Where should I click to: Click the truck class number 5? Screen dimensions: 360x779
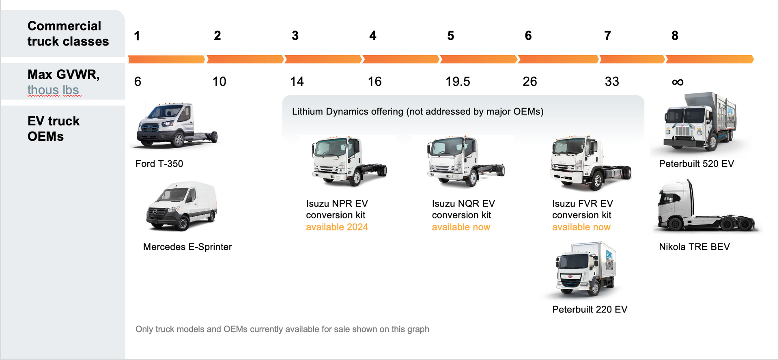(450, 36)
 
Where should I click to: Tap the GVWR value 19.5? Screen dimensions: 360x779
(458, 82)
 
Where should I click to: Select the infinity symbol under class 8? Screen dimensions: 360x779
(678, 82)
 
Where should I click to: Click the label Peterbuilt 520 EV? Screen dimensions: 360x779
(696, 164)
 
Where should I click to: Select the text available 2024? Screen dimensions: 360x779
(337, 227)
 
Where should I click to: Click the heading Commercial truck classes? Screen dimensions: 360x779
(68, 34)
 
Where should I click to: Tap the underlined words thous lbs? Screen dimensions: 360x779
(53, 90)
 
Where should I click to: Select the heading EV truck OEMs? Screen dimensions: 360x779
(53, 129)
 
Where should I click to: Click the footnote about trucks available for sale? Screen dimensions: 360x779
(282, 329)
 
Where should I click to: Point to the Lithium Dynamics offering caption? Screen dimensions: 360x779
(417, 112)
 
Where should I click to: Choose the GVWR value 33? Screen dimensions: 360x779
(611, 82)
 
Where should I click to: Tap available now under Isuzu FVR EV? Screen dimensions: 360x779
(581, 227)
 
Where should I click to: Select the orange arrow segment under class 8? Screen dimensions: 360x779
(709, 60)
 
